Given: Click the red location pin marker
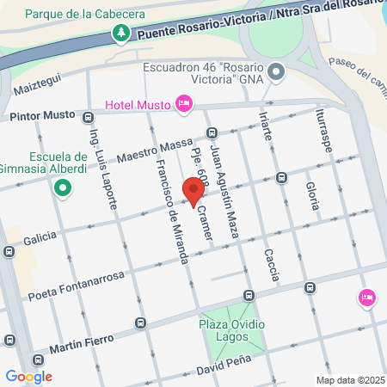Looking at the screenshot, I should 190,189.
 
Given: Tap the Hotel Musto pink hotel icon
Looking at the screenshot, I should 182,104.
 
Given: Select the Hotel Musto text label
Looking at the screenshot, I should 138,105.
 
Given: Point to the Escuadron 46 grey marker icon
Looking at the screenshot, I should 275,72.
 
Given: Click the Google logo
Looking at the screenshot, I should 28,377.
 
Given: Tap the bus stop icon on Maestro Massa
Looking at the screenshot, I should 212,132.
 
